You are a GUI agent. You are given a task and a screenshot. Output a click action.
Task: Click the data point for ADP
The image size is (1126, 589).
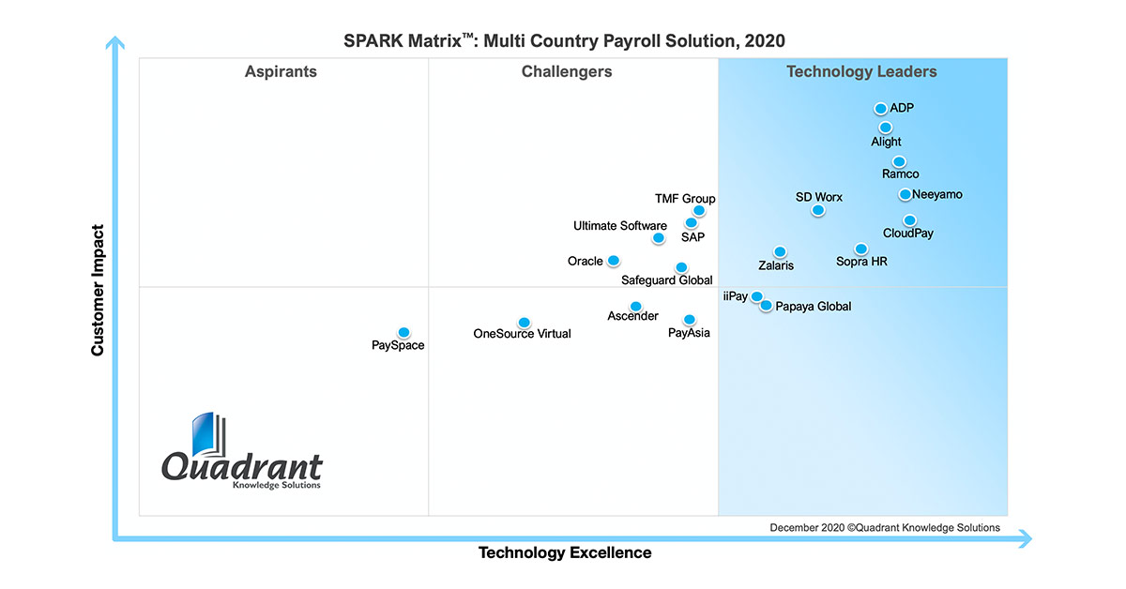880,109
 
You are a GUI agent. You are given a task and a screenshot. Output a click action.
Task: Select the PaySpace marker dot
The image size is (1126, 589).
403,332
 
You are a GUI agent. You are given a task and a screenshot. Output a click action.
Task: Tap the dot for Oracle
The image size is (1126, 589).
613,260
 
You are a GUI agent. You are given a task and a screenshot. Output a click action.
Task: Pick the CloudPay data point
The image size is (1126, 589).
909,220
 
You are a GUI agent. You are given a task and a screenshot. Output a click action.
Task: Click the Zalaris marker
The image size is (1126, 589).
780,251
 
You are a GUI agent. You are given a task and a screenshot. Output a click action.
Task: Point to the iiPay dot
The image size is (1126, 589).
756,297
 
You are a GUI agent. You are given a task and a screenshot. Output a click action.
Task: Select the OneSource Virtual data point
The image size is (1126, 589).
524,323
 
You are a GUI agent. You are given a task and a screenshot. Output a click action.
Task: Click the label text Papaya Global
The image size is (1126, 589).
814,307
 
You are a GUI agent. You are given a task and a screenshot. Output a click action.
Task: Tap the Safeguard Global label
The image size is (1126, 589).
667,280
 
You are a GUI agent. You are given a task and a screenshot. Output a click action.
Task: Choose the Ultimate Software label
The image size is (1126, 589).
620,226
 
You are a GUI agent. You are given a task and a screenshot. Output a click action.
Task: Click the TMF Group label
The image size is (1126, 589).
685,199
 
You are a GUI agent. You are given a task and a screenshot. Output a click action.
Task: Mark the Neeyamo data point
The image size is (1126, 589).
905,194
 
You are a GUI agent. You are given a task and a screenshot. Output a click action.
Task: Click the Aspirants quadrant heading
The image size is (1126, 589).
281,72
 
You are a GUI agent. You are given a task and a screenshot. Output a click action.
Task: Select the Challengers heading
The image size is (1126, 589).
567,72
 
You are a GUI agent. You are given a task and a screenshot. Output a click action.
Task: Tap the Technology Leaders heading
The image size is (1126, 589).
861,72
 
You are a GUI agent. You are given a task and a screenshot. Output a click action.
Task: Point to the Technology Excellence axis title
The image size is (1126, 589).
565,552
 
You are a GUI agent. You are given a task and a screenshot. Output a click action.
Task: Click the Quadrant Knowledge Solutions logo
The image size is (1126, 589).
242,452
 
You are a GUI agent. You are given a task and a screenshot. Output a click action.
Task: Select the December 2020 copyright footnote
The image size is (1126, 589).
885,528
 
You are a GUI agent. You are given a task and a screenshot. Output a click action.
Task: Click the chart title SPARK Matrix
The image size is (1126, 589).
563,40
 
